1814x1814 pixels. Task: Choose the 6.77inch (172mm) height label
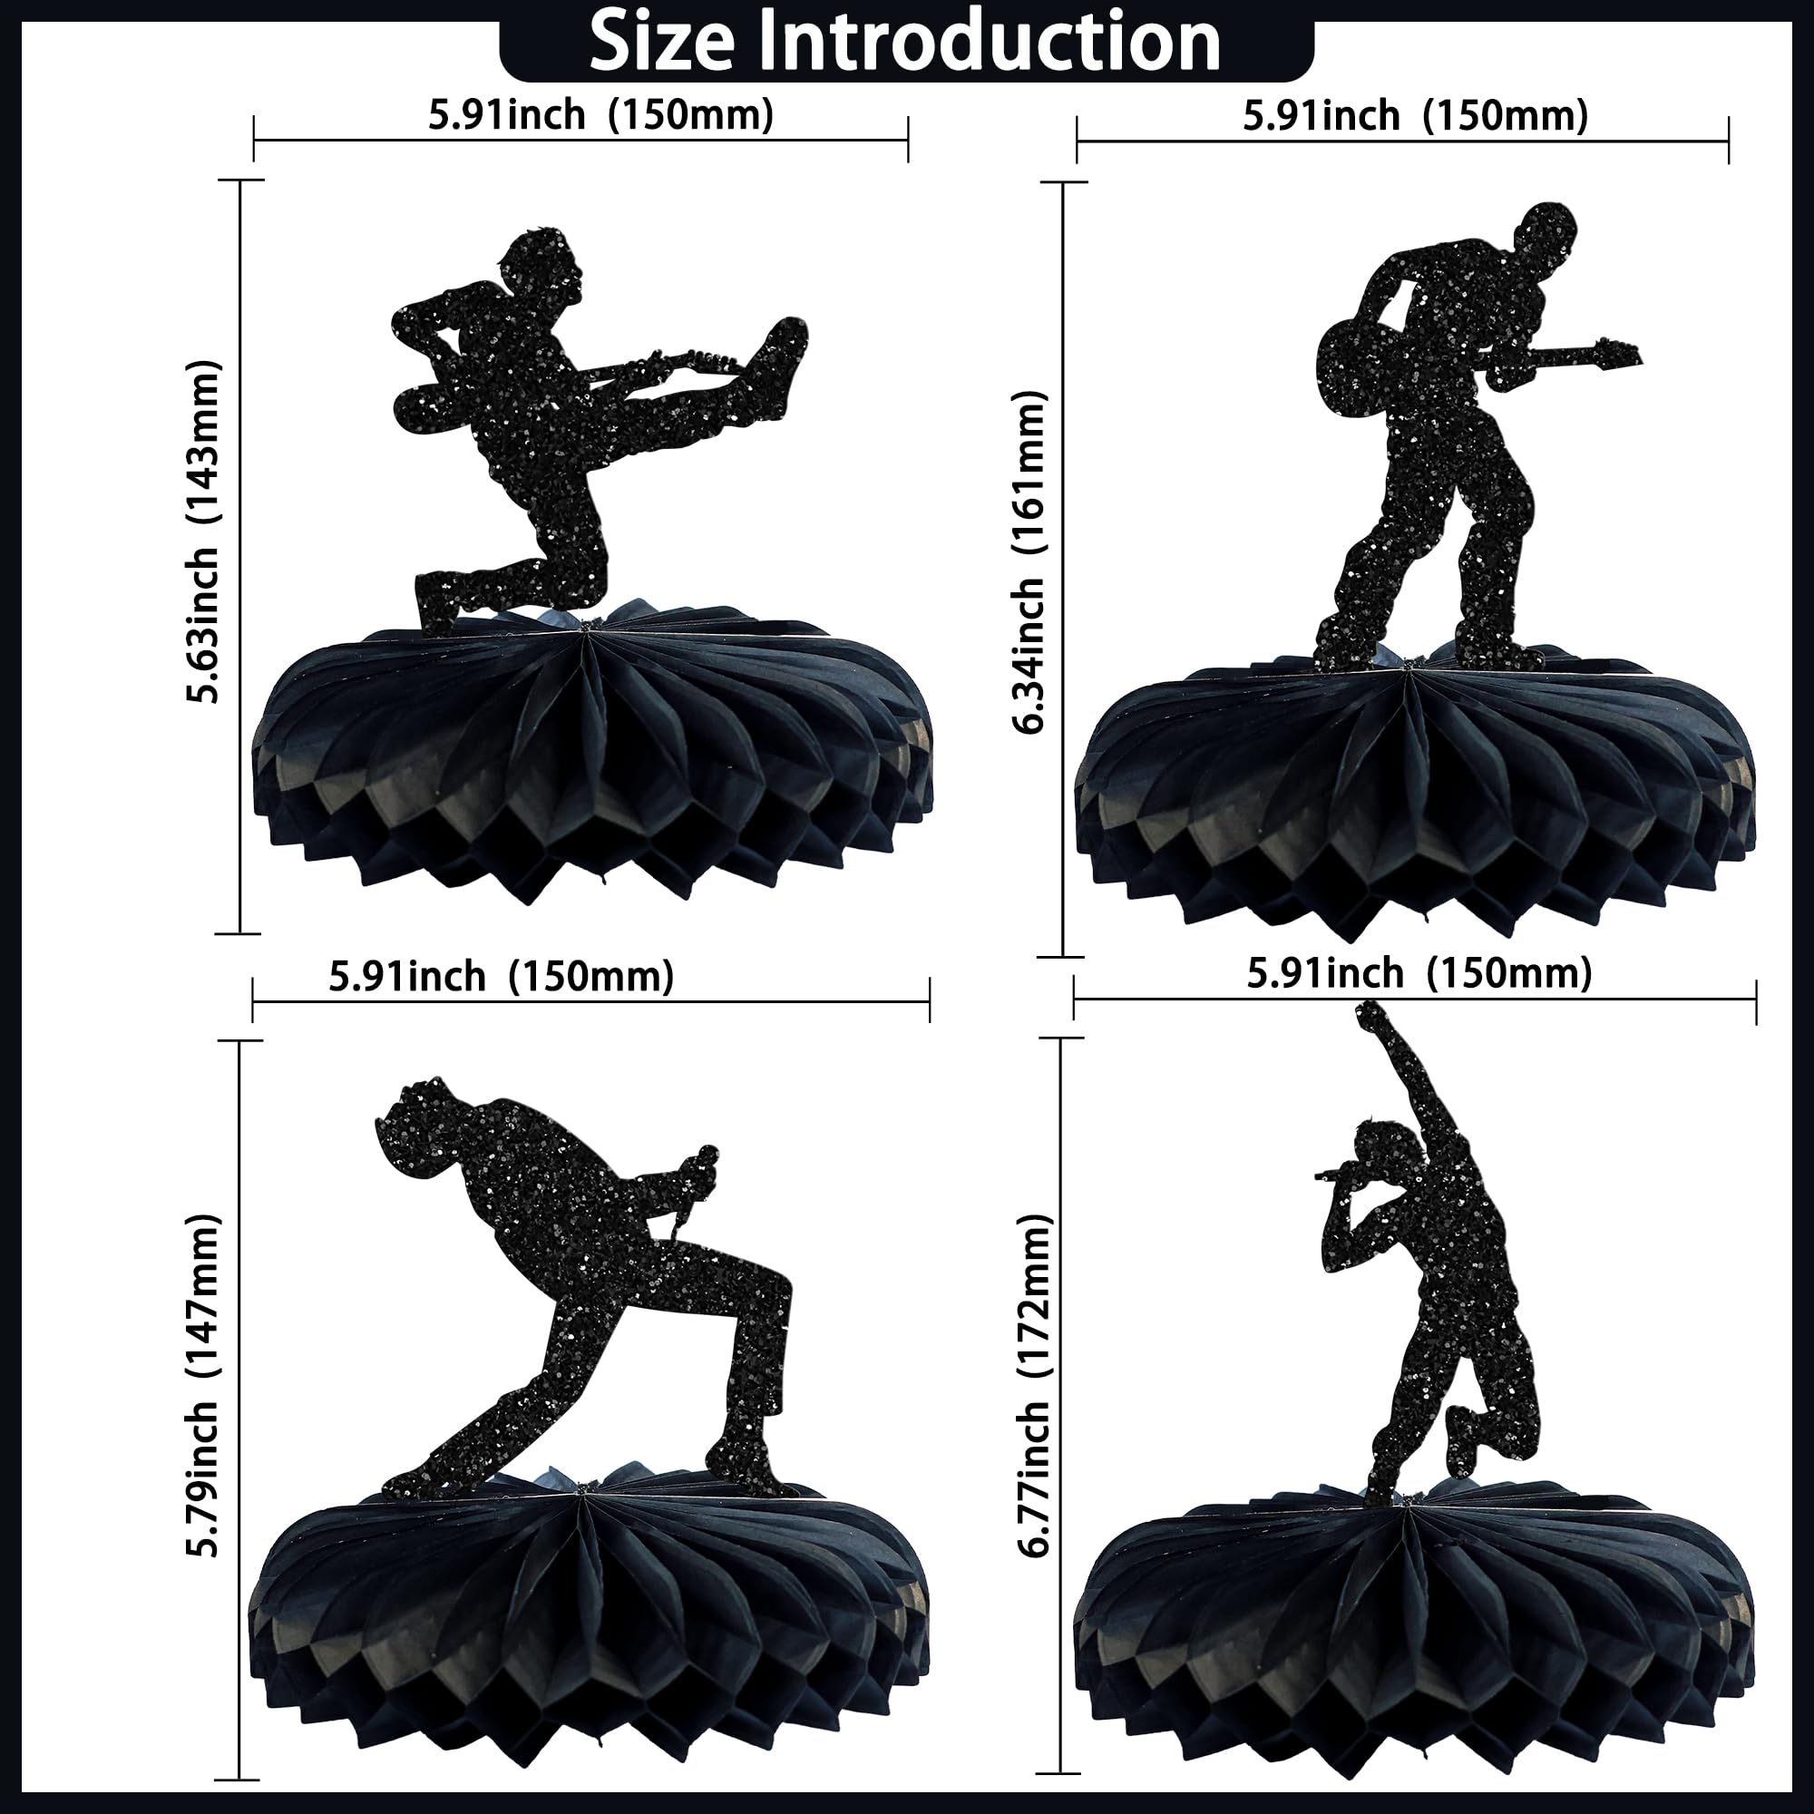[x=1034, y=1386]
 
